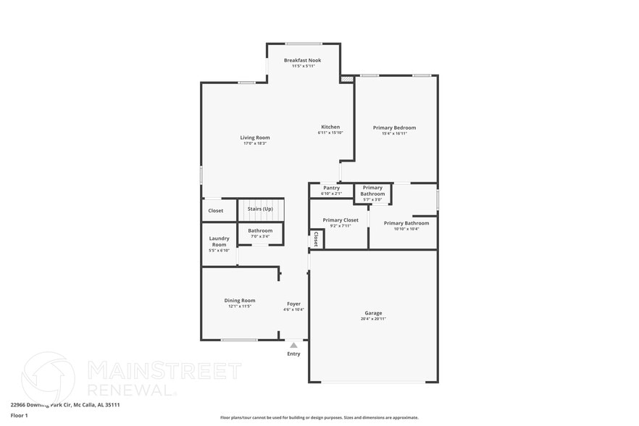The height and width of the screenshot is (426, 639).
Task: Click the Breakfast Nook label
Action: click(302, 60)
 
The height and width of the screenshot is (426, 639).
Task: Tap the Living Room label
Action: click(255, 138)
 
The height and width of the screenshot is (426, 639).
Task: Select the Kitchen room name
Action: click(330, 127)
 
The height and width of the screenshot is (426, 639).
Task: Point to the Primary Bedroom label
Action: click(394, 128)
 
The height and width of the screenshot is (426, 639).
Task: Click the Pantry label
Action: click(331, 188)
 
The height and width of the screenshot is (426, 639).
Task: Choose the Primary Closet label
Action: click(341, 220)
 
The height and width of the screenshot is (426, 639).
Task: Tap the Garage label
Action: click(373, 313)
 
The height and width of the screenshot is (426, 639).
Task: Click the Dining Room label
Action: click(239, 300)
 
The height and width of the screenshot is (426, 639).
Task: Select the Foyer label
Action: click(293, 304)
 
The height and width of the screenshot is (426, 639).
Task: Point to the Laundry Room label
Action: click(219, 241)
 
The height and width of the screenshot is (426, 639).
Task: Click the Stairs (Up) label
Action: click(260, 209)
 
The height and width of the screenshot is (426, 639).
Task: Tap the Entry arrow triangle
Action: click(293, 346)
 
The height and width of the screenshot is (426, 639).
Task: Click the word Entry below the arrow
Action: click(293, 354)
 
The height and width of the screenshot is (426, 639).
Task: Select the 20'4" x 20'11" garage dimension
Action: click(373, 319)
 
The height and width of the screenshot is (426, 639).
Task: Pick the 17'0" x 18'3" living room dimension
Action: click(255, 143)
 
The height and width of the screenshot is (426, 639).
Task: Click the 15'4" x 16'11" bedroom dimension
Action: click(394, 133)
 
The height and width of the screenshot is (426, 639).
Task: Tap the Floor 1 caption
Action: click(19, 415)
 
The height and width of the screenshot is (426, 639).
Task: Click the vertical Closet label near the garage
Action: click(316, 239)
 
